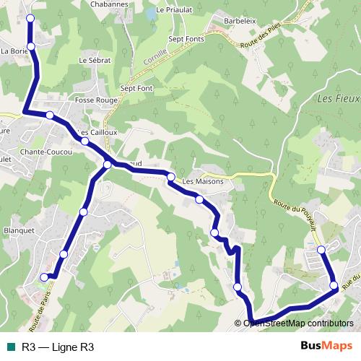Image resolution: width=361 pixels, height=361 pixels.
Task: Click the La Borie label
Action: pos(13,51)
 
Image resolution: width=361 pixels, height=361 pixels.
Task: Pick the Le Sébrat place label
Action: pos(95,60)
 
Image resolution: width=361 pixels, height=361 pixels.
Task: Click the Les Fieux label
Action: pos(334,99)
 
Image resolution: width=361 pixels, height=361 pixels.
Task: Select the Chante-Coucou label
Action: pos(45,152)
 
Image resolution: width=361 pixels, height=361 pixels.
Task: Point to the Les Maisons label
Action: pos(203,181)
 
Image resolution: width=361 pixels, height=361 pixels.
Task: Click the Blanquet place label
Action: pos(19,230)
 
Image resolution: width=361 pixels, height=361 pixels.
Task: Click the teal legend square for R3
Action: pos(11,347)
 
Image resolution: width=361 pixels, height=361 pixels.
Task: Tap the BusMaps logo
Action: pos(327,347)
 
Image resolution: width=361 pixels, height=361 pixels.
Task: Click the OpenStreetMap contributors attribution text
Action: pos(297,323)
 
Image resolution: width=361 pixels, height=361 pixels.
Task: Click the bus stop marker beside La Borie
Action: pos(30,47)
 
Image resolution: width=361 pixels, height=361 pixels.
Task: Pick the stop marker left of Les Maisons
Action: pos(171,177)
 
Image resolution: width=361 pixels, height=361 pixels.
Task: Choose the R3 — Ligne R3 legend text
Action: pos(58,347)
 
